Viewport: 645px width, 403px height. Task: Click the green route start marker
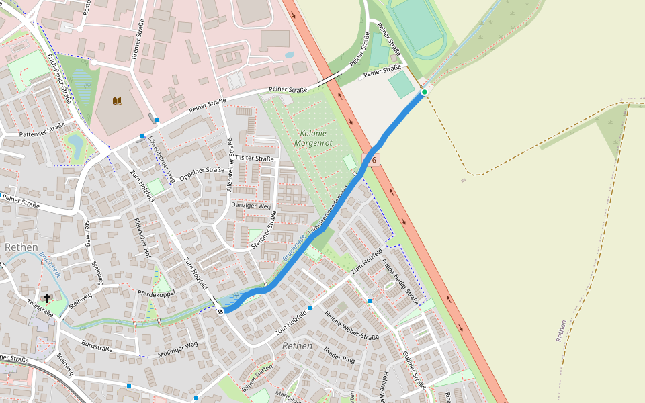point(425,92)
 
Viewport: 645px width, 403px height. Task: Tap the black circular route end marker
point(220,311)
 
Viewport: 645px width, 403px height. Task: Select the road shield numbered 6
point(373,160)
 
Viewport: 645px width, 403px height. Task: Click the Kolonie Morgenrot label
point(313,138)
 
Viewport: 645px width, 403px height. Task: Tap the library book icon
point(118,101)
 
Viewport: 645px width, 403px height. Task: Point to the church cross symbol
point(47,297)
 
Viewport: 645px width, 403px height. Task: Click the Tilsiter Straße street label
point(255,159)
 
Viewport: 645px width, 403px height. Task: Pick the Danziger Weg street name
point(251,206)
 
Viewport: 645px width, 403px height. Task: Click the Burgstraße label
point(97,348)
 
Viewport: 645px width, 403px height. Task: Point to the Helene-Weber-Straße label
point(351,326)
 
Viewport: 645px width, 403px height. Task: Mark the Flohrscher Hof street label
point(142,237)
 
